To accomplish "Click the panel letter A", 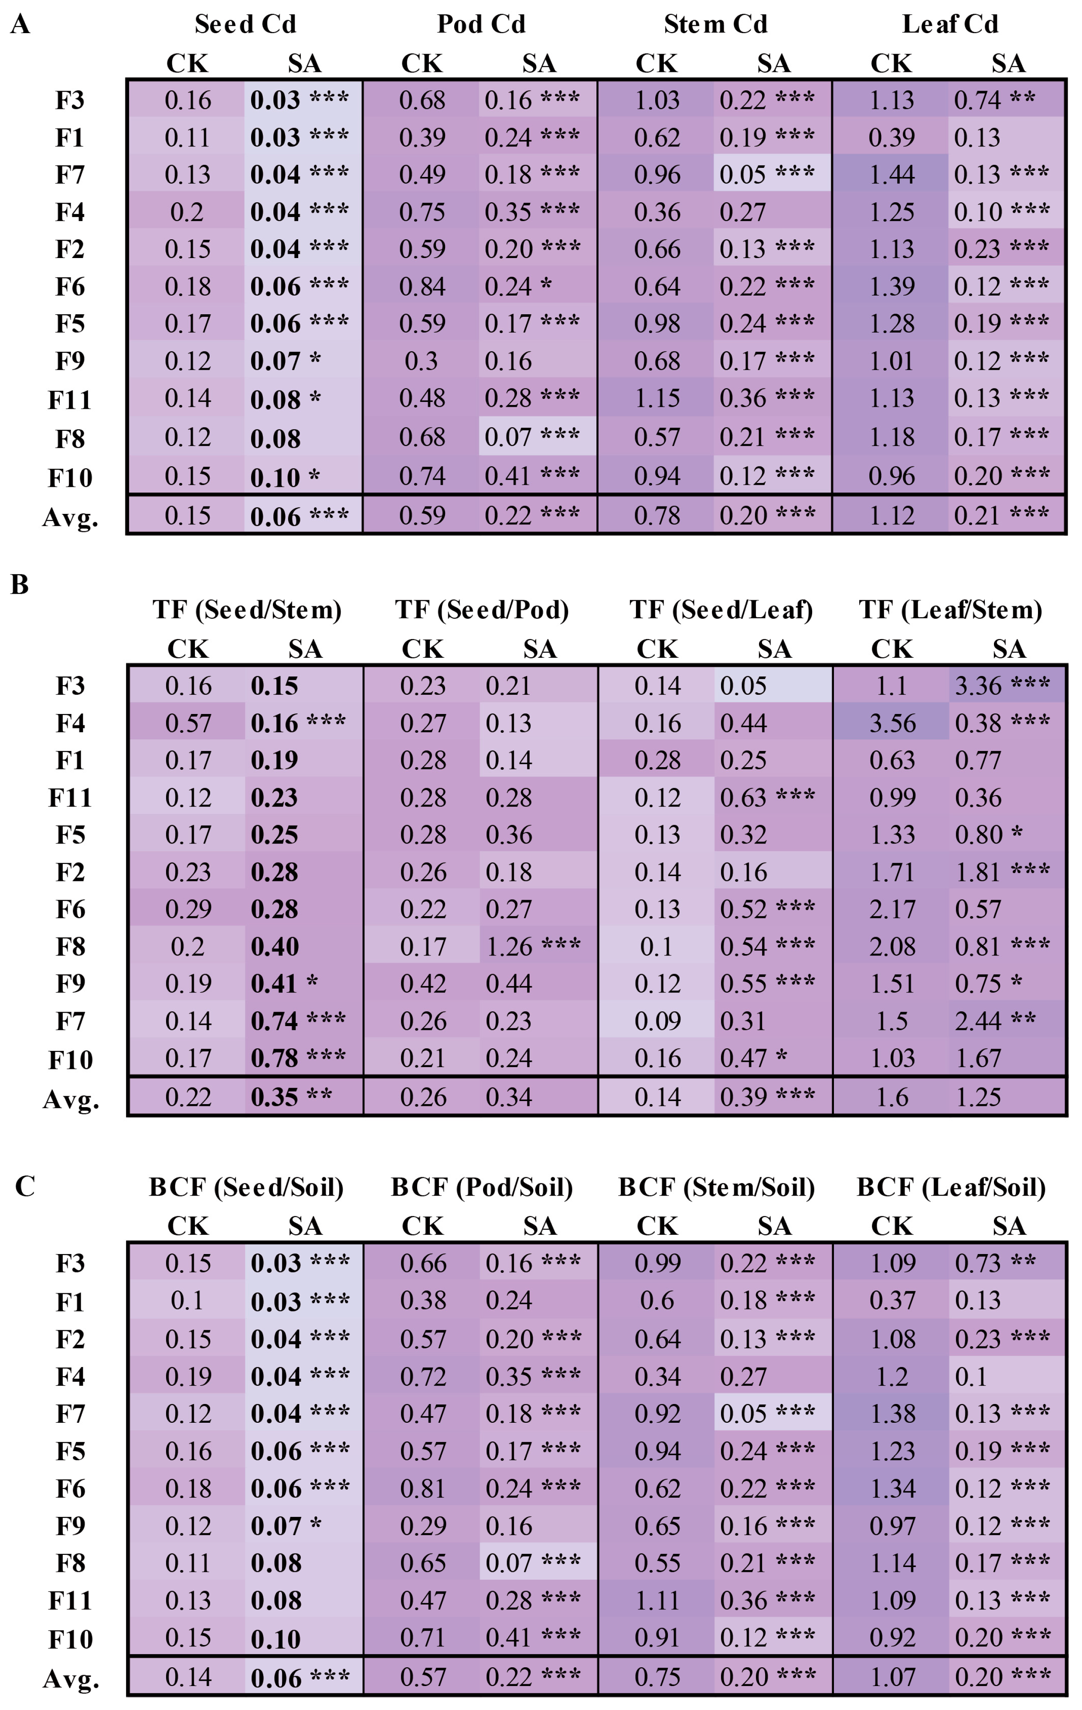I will point(20,25).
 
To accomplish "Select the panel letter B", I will point(20,585).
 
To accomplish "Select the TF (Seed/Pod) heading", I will point(482,609).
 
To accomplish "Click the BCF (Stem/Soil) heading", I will point(716,1186).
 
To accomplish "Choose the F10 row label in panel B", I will point(70,1060).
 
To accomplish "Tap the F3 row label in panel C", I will point(70,1263).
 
